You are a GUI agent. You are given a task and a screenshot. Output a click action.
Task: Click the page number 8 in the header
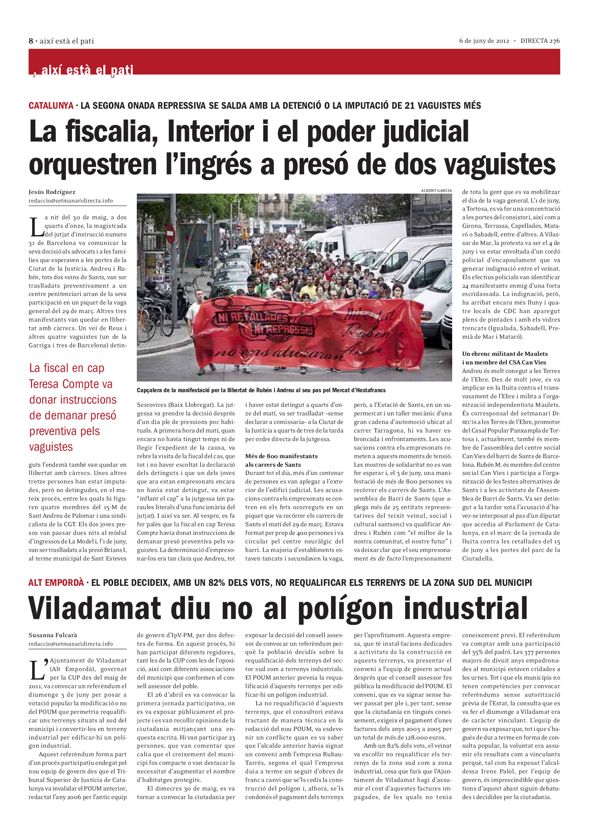tap(31, 41)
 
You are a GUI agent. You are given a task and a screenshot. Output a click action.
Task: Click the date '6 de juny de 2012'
tap(484, 41)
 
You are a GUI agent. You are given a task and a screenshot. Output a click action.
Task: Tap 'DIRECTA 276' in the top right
tap(540, 41)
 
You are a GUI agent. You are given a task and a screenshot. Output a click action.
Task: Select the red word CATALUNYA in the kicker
tap(51, 106)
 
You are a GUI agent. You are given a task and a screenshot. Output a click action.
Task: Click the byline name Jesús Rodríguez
tap(52, 192)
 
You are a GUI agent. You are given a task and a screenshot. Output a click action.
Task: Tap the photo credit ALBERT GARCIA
tap(436, 190)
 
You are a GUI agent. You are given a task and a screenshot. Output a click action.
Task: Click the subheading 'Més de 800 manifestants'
tap(281, 456)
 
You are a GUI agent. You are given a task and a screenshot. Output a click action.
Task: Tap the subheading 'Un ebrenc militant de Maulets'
tap(505, 353)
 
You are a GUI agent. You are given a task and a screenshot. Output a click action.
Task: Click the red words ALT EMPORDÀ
tap(56, 583)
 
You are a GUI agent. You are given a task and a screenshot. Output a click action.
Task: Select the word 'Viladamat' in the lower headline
tap(94, 608)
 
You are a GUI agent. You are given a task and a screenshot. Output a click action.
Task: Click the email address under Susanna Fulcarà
tap(71, 644)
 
